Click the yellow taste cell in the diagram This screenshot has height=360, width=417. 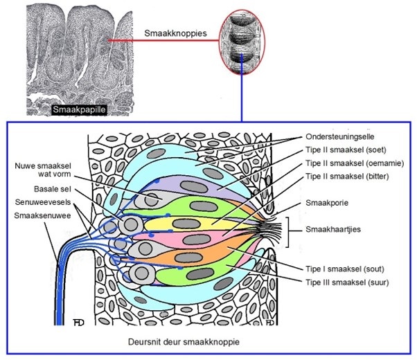(x=201, y=222)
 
